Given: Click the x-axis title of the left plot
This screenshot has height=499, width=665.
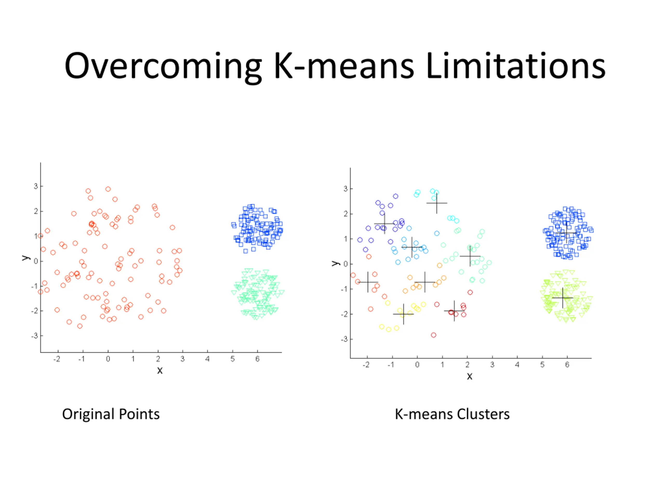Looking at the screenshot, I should [160, 370].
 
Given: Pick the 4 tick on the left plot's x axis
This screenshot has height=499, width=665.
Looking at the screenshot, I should [208, 359].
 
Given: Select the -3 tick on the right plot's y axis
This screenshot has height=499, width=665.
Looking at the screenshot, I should [344, 339].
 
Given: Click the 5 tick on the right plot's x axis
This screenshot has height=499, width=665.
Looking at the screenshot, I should [542, 365].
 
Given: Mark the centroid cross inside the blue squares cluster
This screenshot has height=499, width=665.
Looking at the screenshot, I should [566, 233].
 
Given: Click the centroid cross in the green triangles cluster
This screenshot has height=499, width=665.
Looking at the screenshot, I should [562, 298].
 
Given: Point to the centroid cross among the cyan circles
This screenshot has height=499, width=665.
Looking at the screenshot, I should [436, 203].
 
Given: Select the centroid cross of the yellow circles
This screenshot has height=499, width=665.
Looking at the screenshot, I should [403, 314].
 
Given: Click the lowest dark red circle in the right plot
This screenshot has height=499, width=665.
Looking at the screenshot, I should [434, 335].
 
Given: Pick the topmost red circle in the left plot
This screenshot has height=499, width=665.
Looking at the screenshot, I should [108, 189].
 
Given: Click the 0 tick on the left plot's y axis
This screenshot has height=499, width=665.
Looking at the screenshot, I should [36, 261].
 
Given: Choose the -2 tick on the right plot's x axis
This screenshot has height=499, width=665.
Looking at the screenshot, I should [366, 365].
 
